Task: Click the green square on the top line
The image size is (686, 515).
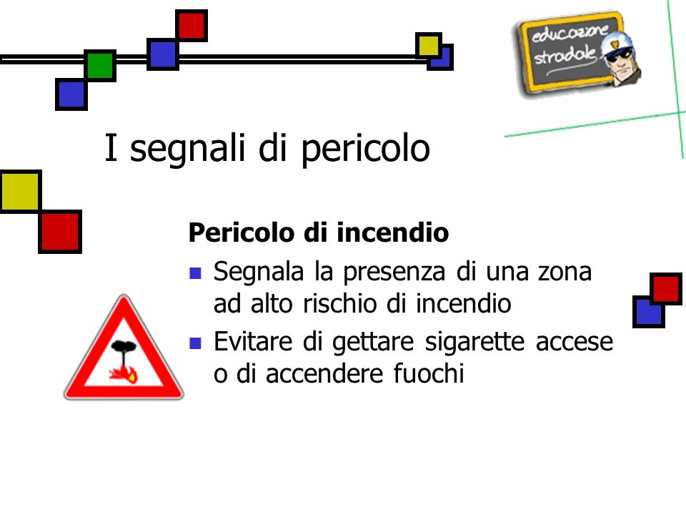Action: click(100, 65)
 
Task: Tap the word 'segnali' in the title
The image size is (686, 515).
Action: click(187, 149)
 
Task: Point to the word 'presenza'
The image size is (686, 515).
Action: click(394, 273)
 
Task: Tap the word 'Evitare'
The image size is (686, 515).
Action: click(253, 342)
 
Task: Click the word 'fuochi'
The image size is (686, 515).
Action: click(428, 373)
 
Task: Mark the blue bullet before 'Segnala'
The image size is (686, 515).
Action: click(195, 273)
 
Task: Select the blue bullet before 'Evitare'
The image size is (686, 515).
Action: click(195, 343)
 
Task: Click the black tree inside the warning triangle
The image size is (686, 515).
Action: click(124, 354)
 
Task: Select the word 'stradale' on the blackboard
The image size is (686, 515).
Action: click(565, 56)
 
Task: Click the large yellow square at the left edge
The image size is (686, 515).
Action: click(20, 192)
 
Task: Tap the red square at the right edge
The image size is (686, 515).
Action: click(666, 288)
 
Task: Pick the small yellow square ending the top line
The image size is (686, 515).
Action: click(428, 46)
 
